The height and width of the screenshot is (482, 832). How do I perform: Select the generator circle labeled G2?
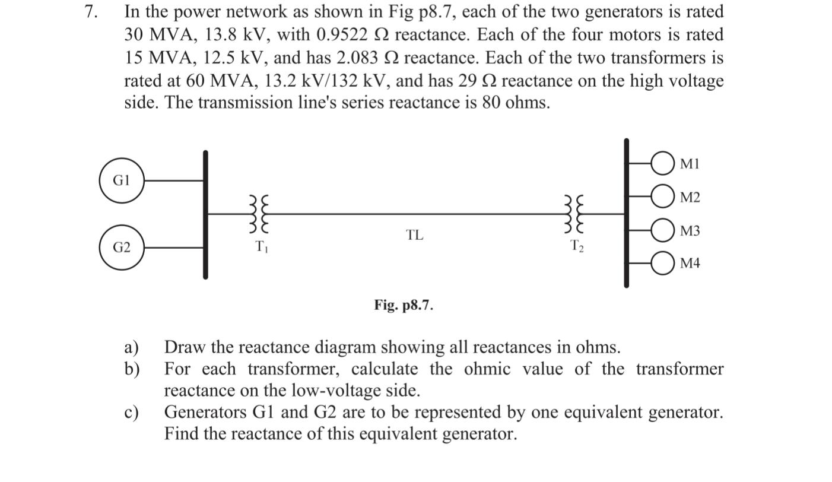(x=122, y=248)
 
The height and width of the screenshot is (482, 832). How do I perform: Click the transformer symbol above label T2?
(x=576, y=214)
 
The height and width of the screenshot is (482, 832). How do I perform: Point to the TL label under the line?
(x=415, y=235)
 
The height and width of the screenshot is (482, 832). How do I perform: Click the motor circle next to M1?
(x=662, y=163)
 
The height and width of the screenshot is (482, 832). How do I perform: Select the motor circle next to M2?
(x=662, y=197)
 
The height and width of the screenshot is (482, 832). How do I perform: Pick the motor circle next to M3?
(x=662, y=231)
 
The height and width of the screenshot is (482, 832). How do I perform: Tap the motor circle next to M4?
(x=662, y=264)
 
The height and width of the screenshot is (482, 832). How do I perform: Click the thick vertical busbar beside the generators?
(x=205, y=214)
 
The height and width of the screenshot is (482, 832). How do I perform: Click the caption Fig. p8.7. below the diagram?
(x=404, y=305)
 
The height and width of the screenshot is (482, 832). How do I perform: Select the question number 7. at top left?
(x=90, y=12)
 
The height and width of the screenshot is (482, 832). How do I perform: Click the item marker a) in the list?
(x=131, y=347)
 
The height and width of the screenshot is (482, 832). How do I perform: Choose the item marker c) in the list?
(x=131, y=413)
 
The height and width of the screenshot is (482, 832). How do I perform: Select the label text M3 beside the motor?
(x=690, y=231)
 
